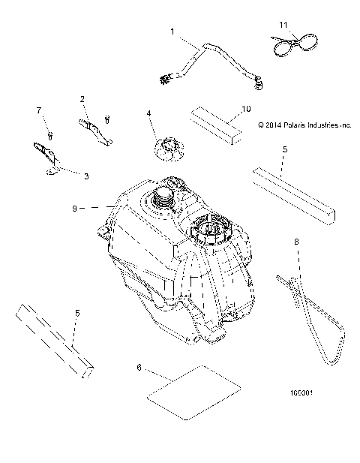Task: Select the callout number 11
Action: [283, 26]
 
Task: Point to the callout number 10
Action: [245, 109]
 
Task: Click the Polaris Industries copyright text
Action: [304, 125]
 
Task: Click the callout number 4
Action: [149, 113]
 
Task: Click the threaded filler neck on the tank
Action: [163, 201]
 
